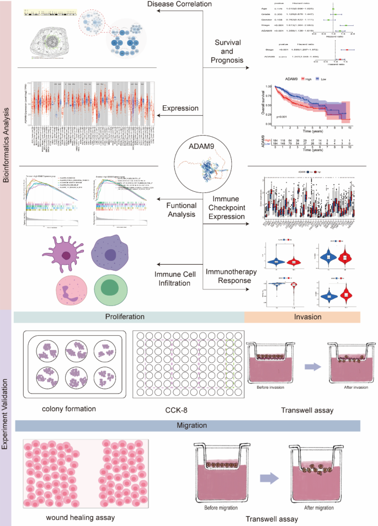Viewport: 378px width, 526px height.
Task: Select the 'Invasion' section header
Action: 302,317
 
